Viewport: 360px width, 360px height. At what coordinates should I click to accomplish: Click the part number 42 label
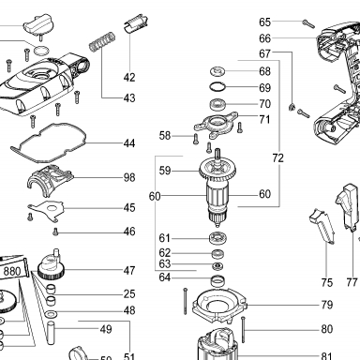click(129, 77)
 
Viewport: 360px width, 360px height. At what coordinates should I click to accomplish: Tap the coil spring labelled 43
click(102, 41)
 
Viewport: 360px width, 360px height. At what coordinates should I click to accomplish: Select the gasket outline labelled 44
click(49, 142)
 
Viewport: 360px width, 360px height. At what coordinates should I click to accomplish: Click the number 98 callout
click(129, 177)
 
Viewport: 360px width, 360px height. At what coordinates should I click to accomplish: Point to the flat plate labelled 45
click(46, 210)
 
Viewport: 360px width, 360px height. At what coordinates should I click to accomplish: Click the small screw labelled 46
click(56, 232)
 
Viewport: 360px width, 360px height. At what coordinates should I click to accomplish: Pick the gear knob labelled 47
click(52, 264)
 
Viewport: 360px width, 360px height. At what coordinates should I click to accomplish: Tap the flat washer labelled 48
click(52, 313)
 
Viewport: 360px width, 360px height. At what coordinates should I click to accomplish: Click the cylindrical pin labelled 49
click(51, 332)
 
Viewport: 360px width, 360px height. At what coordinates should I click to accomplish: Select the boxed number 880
click(12, 271)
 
